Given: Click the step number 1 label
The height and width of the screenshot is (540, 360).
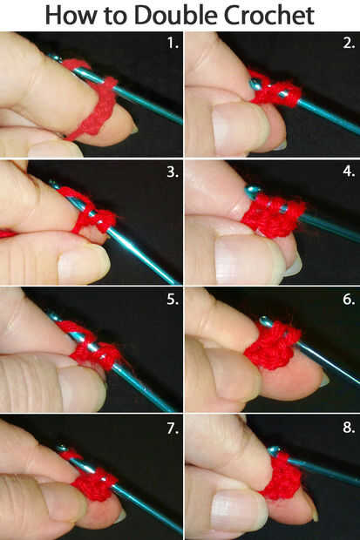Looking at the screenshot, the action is [x=173, y=43].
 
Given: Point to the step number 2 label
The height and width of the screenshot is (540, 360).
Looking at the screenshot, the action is [x=349, y=43].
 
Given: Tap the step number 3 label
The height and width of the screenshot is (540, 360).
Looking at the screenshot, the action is [x=173, y=172].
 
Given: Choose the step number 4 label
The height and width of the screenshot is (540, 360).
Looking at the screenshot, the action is [x=349, y=172].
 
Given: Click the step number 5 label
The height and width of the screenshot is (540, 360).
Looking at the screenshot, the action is [x=173, y=300].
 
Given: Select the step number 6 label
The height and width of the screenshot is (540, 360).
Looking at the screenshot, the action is [x=349, y=300].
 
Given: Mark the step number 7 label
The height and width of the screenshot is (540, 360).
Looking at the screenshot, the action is [x=173, y=429].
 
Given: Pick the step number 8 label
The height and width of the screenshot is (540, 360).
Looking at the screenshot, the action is [x=349, y=428].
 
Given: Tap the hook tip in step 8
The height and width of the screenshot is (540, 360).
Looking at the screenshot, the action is [x=274, y=451].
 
